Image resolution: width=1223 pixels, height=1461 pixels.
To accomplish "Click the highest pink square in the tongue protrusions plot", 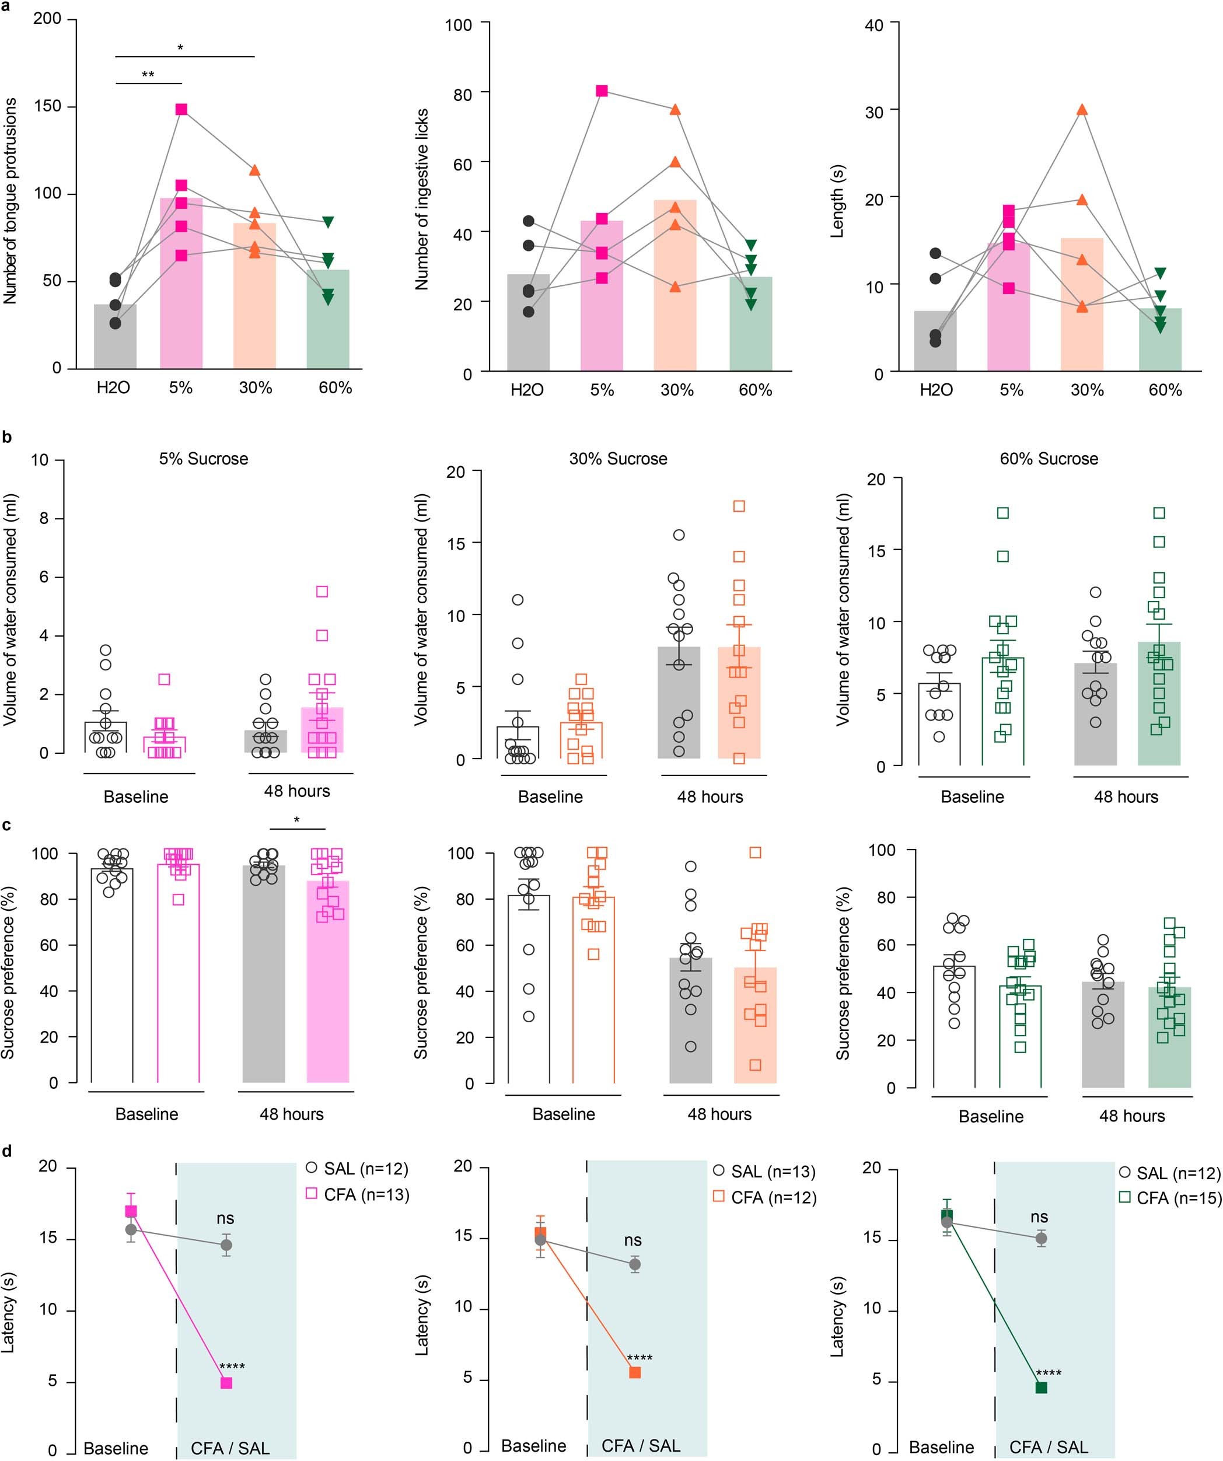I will click(181, 109).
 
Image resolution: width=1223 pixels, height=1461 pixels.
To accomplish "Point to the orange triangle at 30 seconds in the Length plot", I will click(1081, 110).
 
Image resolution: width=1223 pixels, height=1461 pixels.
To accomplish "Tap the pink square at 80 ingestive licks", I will click(602, 91).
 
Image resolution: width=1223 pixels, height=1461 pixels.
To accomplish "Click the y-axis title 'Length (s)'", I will click(837, 202).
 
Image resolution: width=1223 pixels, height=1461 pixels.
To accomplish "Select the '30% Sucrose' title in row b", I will click(618, 459).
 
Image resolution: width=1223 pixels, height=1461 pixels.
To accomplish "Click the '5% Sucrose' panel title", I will click(203, 459).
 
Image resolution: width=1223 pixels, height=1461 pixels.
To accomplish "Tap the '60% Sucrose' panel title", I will click(1049, 459).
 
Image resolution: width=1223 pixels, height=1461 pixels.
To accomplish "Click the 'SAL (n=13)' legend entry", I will click(764, 1172).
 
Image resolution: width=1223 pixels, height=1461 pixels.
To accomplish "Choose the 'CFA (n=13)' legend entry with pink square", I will click(357, 1194).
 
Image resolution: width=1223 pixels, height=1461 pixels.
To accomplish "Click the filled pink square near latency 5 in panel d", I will click(226, 1382).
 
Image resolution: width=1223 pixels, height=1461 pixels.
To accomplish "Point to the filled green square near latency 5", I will click(1041, 1387).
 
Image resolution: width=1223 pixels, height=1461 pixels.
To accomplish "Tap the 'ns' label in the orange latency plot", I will click(633, 1240).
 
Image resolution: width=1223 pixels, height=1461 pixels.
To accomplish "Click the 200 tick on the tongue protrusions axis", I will click(47, 19).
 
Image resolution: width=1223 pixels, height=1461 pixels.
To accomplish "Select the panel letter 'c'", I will click(6, 825).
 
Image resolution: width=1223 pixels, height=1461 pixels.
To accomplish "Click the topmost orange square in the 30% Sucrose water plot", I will click(739, 506).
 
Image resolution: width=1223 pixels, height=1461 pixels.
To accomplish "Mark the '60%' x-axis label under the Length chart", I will click(1165, 390).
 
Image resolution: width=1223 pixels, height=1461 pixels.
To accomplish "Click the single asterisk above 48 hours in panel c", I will click(296, 820).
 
